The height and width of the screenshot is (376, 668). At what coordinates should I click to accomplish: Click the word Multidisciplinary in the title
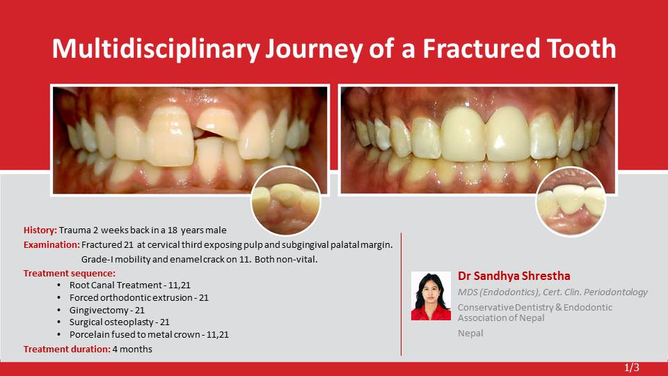point(155,49)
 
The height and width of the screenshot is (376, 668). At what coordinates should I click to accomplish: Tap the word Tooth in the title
point(582,48)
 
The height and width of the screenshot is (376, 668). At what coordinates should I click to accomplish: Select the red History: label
point(40,230)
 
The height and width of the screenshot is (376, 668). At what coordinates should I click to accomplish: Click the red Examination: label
point(51,244)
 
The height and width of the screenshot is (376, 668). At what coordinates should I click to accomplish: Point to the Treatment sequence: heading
point(69,273)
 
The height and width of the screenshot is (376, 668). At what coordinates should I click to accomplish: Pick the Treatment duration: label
point(67,349)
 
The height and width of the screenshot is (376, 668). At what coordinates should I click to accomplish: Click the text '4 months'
point(132,349)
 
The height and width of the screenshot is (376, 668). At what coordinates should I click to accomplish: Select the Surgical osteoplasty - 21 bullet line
point(119,322)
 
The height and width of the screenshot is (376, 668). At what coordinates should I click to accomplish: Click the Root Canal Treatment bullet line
point(130,285)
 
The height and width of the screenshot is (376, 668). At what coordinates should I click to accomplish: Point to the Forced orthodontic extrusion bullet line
point(139,297)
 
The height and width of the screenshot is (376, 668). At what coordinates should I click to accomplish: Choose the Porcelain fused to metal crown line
point(149,334)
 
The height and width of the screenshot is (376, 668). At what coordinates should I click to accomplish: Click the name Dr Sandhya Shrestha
point(514,276)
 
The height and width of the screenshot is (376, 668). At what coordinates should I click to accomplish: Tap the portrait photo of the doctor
point(431,296)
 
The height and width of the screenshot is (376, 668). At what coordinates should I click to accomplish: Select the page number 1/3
point(632,368)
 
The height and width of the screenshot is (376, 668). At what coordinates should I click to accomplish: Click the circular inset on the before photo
point(286,201)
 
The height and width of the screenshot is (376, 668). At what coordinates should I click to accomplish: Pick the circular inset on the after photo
point(571,201)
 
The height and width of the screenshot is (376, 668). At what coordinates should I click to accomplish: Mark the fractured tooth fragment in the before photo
point(218,124)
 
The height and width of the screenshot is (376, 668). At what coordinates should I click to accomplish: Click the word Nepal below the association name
point(470,333)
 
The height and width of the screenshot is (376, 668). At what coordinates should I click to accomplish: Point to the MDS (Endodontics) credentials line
point(552,292)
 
